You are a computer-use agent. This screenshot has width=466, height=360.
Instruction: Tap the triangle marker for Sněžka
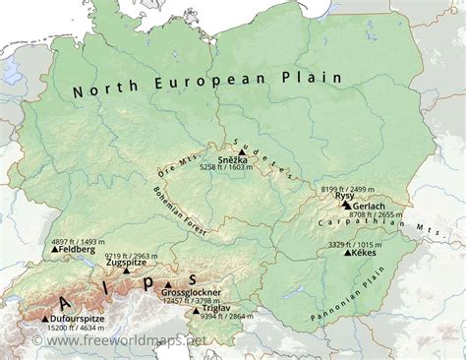tap(242, 152)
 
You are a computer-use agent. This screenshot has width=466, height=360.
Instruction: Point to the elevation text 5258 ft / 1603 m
tap(226, 168)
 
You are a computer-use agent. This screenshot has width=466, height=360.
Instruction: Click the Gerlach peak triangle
tap(345, 205)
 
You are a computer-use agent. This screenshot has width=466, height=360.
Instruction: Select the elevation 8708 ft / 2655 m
tap(377, 213)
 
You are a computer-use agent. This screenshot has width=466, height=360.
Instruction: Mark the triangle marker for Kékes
tap(347, 253)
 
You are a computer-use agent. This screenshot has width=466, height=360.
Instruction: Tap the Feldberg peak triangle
tap(55, 250)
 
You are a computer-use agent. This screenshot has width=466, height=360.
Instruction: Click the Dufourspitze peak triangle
tap(44, 319)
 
